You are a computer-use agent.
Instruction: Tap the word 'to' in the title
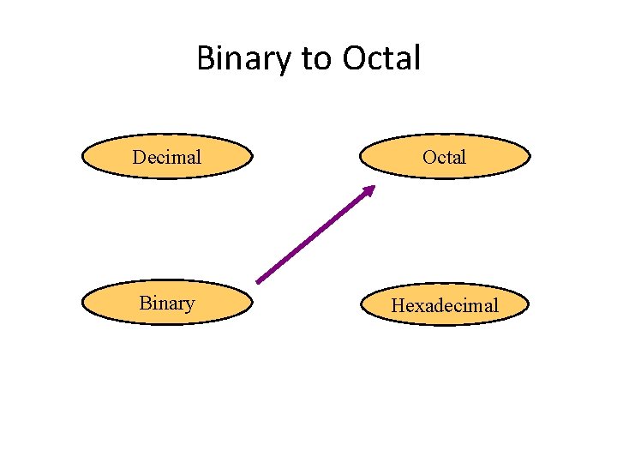point(316,59)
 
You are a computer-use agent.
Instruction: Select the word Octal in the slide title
point(381,59)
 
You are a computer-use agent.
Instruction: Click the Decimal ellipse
point(167,156)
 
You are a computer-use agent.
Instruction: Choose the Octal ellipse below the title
point(444,156)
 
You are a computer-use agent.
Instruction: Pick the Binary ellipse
point(167,303)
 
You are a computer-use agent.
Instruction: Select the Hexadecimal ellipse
point(444,304)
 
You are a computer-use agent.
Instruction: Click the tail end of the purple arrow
point(258,281)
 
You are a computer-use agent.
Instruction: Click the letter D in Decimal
point(139,157)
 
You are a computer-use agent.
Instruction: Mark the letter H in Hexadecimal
point(398,305)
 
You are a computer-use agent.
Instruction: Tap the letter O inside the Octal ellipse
point(429,157)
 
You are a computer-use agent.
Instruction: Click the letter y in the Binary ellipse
point(189,305)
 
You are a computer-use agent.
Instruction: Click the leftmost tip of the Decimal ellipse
point(81,156)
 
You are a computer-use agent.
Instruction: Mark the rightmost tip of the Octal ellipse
point(529,156)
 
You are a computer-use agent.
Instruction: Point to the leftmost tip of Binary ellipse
point(81,303)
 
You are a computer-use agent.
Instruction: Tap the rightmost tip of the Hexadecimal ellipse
point(529,304)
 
